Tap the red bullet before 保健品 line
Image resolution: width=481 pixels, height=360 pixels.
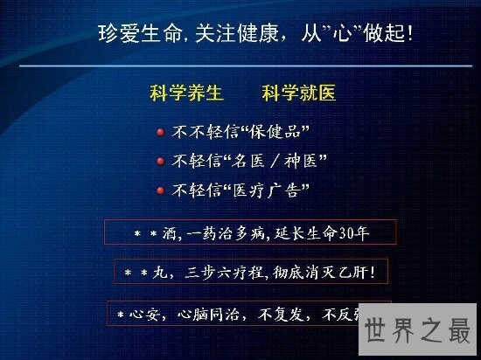pos(160,133)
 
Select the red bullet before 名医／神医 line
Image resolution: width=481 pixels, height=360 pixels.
pos(160,161)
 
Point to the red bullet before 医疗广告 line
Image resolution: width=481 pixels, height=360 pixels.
pos(160,190)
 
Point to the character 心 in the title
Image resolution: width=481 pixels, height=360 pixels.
pos(339,36)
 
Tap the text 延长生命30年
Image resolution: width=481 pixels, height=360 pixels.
pos(333,232)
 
